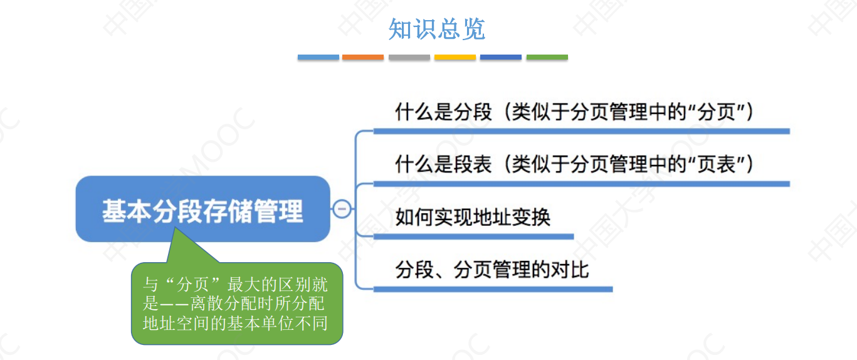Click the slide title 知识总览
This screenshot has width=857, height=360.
coord(437,29)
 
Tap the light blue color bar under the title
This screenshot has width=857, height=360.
coord(318,57)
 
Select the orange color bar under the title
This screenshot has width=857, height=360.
coord(363,57)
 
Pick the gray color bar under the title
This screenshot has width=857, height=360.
coord(409,57)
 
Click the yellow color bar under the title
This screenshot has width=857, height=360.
coord(455,57)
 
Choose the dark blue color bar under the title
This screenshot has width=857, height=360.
coord(501,57)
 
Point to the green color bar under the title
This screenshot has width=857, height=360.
coord(547,57)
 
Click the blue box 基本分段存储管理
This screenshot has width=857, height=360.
coord(202,209)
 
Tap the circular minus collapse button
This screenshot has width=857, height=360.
coord(342,209)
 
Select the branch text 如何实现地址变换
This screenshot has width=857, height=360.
coord(473,217)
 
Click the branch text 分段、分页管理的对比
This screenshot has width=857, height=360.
coord(492,270)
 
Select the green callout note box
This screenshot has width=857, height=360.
coord(237,304)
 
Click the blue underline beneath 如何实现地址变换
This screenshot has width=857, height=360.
coord(473,236)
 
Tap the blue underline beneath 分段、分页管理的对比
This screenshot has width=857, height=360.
coord(493,289)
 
